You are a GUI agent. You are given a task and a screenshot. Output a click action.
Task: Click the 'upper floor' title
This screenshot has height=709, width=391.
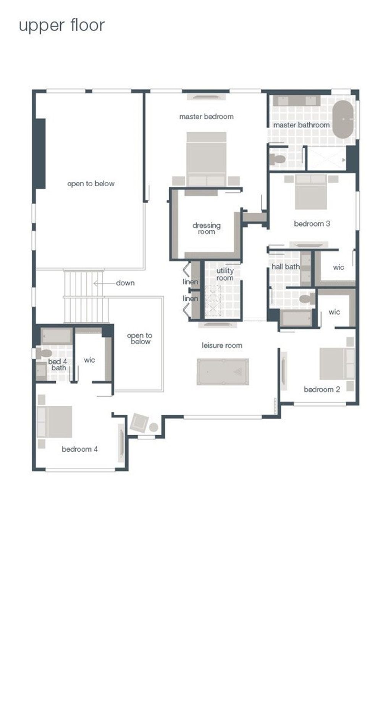click(x=61, y=26)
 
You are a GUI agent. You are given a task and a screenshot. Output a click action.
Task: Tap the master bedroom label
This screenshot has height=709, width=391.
click(x=206, y=116)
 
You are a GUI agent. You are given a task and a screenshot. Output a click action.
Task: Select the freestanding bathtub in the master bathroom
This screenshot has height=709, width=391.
click(x=343, y=120)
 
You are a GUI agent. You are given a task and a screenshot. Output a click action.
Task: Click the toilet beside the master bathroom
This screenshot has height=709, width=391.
click(x=277, y=159)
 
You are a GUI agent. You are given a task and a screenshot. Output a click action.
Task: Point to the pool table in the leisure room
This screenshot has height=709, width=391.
click(x=223, y=371)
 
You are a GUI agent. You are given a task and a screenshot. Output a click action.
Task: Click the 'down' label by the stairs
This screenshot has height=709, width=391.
click(x=125, y=283)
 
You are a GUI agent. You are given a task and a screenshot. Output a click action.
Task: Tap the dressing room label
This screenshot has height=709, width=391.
click(x=206, y=228)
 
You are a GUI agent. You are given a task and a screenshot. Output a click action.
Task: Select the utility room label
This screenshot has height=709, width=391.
click(x=225, y=274)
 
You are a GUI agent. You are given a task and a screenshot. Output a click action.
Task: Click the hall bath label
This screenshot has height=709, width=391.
click(x=286, y=267)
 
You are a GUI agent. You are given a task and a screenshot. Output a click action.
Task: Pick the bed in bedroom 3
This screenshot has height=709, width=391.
click(x=311, y=192)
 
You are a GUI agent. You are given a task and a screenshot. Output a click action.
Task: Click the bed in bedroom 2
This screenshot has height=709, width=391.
click(x=337, y=364)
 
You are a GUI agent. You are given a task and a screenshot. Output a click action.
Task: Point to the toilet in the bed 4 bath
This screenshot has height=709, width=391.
click(x=44, y=353)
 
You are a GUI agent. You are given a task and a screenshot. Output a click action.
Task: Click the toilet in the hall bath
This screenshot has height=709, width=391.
click(x=307, y=299)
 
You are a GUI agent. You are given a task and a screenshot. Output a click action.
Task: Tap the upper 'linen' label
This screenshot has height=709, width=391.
click(x=191, y=282)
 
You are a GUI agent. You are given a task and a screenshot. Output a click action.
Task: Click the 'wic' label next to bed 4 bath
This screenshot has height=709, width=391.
click(x=89, y=360)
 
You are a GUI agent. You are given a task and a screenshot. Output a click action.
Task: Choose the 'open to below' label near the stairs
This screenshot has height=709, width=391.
click(x=140, y=339)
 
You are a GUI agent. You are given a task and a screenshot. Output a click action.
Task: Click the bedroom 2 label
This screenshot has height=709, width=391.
click(x=322, y=389)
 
